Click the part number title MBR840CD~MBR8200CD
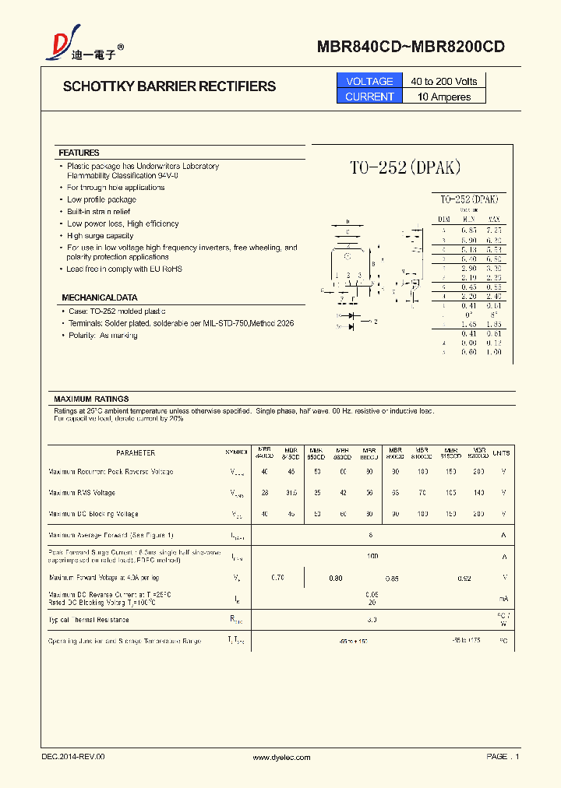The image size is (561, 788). click(411, 47)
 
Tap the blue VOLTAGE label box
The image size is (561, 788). click(369, 81)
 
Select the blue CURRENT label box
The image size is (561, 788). click(369, 97)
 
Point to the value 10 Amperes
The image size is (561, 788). click(444, 97)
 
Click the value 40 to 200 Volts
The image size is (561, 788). click(444, 81)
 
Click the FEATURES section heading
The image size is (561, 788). click(79, 153)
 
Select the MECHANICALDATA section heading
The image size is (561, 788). click(99, 297)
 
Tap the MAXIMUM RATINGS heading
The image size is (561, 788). click(91, 399)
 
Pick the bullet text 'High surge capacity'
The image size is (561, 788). click(100, 235)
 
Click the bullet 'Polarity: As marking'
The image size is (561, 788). click(102, 335)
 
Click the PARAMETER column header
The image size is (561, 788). click(136, 452)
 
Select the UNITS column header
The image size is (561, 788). click(502, 452)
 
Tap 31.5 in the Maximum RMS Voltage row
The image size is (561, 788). click(291, 493)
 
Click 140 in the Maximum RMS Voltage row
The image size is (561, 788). click(478, 493)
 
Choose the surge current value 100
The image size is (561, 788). click(372, 557)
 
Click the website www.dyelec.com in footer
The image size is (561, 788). click(282, 757)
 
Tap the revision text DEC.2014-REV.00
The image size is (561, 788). click(72, 757)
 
